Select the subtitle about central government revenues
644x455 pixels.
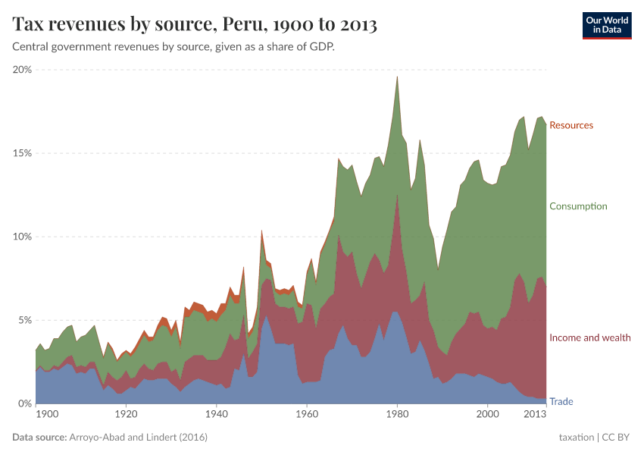174,47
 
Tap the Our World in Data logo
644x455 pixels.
606,24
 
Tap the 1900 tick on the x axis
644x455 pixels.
47,415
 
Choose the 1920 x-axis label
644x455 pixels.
126,415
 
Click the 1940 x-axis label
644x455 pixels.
217,415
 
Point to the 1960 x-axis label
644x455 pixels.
307,415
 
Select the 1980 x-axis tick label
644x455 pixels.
397,415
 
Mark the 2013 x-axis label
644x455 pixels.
535,415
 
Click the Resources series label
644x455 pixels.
571,125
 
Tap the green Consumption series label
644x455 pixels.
578,206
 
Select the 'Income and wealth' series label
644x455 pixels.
589,337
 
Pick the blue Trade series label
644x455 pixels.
561,401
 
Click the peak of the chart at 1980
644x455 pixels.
397,77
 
